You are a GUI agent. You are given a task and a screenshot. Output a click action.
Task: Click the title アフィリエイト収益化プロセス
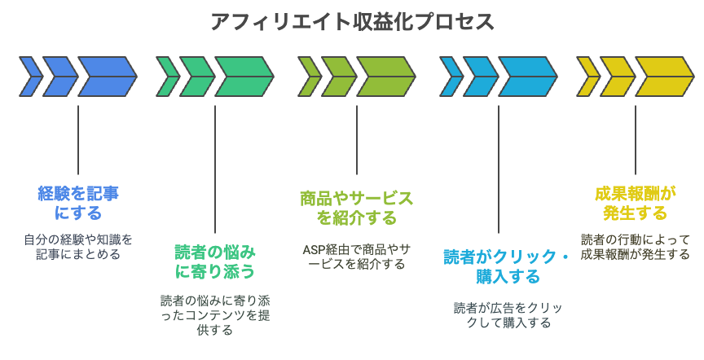(x=352, y=22)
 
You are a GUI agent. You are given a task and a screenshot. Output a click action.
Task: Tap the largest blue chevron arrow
(x=108, y=77)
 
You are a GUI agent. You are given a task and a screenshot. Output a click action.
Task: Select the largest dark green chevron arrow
(x=244, y=77)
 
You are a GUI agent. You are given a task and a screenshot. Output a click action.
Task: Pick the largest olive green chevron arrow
(x=386, y=77)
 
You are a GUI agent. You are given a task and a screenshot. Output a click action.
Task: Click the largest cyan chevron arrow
(x=528, y=77)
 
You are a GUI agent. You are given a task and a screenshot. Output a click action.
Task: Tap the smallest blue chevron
(x=30, y=77)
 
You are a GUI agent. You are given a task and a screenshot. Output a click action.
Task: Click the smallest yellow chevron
(x=587, y=77)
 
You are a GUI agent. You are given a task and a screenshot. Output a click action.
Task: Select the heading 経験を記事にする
(x=78, y=203)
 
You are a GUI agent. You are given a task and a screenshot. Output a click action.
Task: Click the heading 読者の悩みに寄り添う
(x=215, y=261)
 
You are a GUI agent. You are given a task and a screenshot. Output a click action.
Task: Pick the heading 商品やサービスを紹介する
(x=357, y=208)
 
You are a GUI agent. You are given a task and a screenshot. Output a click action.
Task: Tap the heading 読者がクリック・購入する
(x=507, y=266)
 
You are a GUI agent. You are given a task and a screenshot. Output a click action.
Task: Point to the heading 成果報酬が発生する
(x=636, y=203)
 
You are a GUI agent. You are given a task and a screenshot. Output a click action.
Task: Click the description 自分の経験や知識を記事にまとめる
(x=78, y=247)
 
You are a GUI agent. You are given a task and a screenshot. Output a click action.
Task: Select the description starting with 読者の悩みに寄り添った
(x=215, y=315)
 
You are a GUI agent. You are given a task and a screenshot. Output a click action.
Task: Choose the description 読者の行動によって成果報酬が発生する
(x=636, y=247)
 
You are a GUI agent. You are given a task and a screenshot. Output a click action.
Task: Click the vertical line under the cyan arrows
(x=499, y=169)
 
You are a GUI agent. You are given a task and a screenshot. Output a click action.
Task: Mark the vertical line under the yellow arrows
(x=636, y=140)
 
